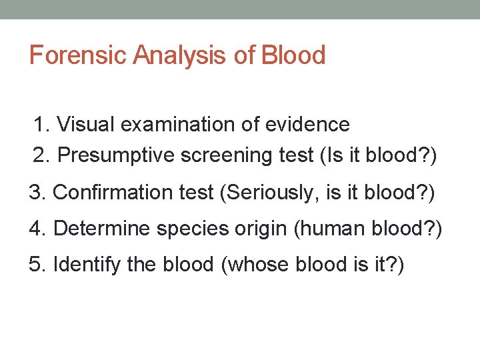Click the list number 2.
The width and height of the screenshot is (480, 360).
(41, 156)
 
